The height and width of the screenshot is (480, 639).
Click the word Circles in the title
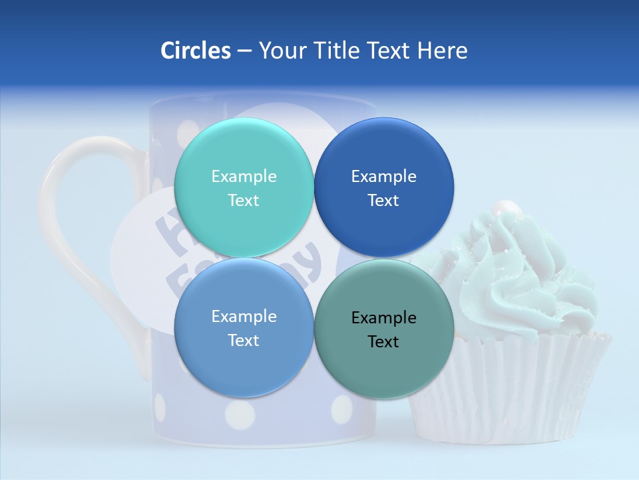pos(195,51)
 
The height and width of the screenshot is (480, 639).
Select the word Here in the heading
pos(442,51)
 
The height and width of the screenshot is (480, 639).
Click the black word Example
pos(383,318)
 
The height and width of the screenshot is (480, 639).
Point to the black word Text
pos(383,342)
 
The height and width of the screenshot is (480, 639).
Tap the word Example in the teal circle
pos(244,177)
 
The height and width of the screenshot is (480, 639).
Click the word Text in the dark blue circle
pos(383,201)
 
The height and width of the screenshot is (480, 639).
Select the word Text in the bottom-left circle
pos(244,341)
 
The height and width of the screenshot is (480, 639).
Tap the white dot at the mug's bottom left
pos(160,407)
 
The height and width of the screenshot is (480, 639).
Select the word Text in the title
pos(389,51)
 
